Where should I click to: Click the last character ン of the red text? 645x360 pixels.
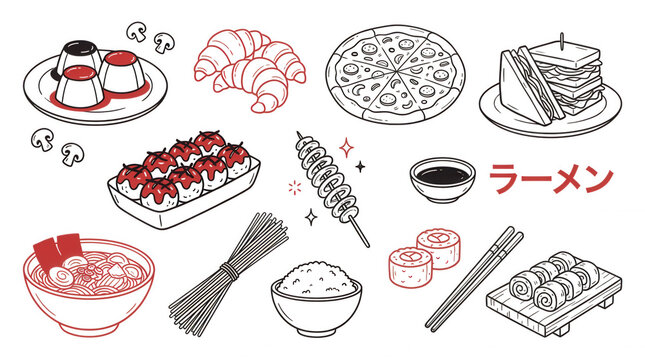coord(597,179)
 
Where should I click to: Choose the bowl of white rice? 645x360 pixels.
coord(316,293)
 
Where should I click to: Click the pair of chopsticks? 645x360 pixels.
coord(475,278)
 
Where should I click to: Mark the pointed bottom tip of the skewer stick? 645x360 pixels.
coord(367,245)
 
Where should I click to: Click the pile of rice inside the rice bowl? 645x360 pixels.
coord(316,275)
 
